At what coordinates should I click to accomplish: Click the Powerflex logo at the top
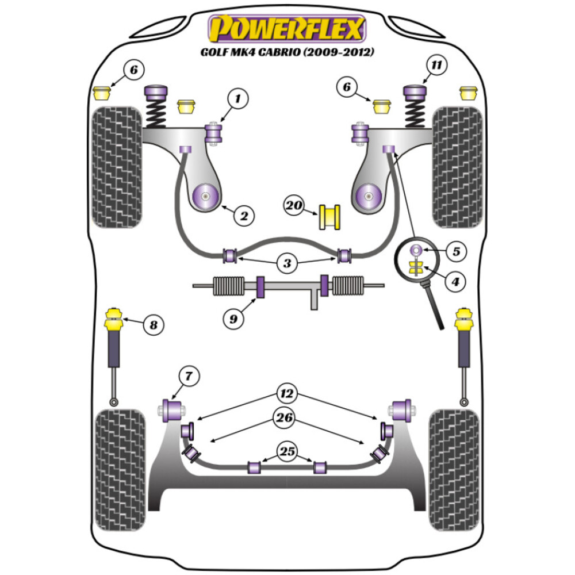[287, 28]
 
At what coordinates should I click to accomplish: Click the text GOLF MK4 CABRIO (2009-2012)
[287, 52]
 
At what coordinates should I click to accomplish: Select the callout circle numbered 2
[243, 216]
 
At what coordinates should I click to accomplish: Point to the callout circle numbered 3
[286, 264]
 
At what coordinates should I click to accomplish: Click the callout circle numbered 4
[455, 282]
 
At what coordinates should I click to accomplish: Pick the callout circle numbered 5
[455, 251]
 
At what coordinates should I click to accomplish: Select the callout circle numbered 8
[152, 325]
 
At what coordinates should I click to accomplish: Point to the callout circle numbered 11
[436, 66]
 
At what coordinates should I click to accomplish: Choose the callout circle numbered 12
[286, 394]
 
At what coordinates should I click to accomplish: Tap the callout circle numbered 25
[287, 451]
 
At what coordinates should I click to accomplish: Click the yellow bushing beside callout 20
[331, 216]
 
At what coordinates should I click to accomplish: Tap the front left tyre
[116, 167]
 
